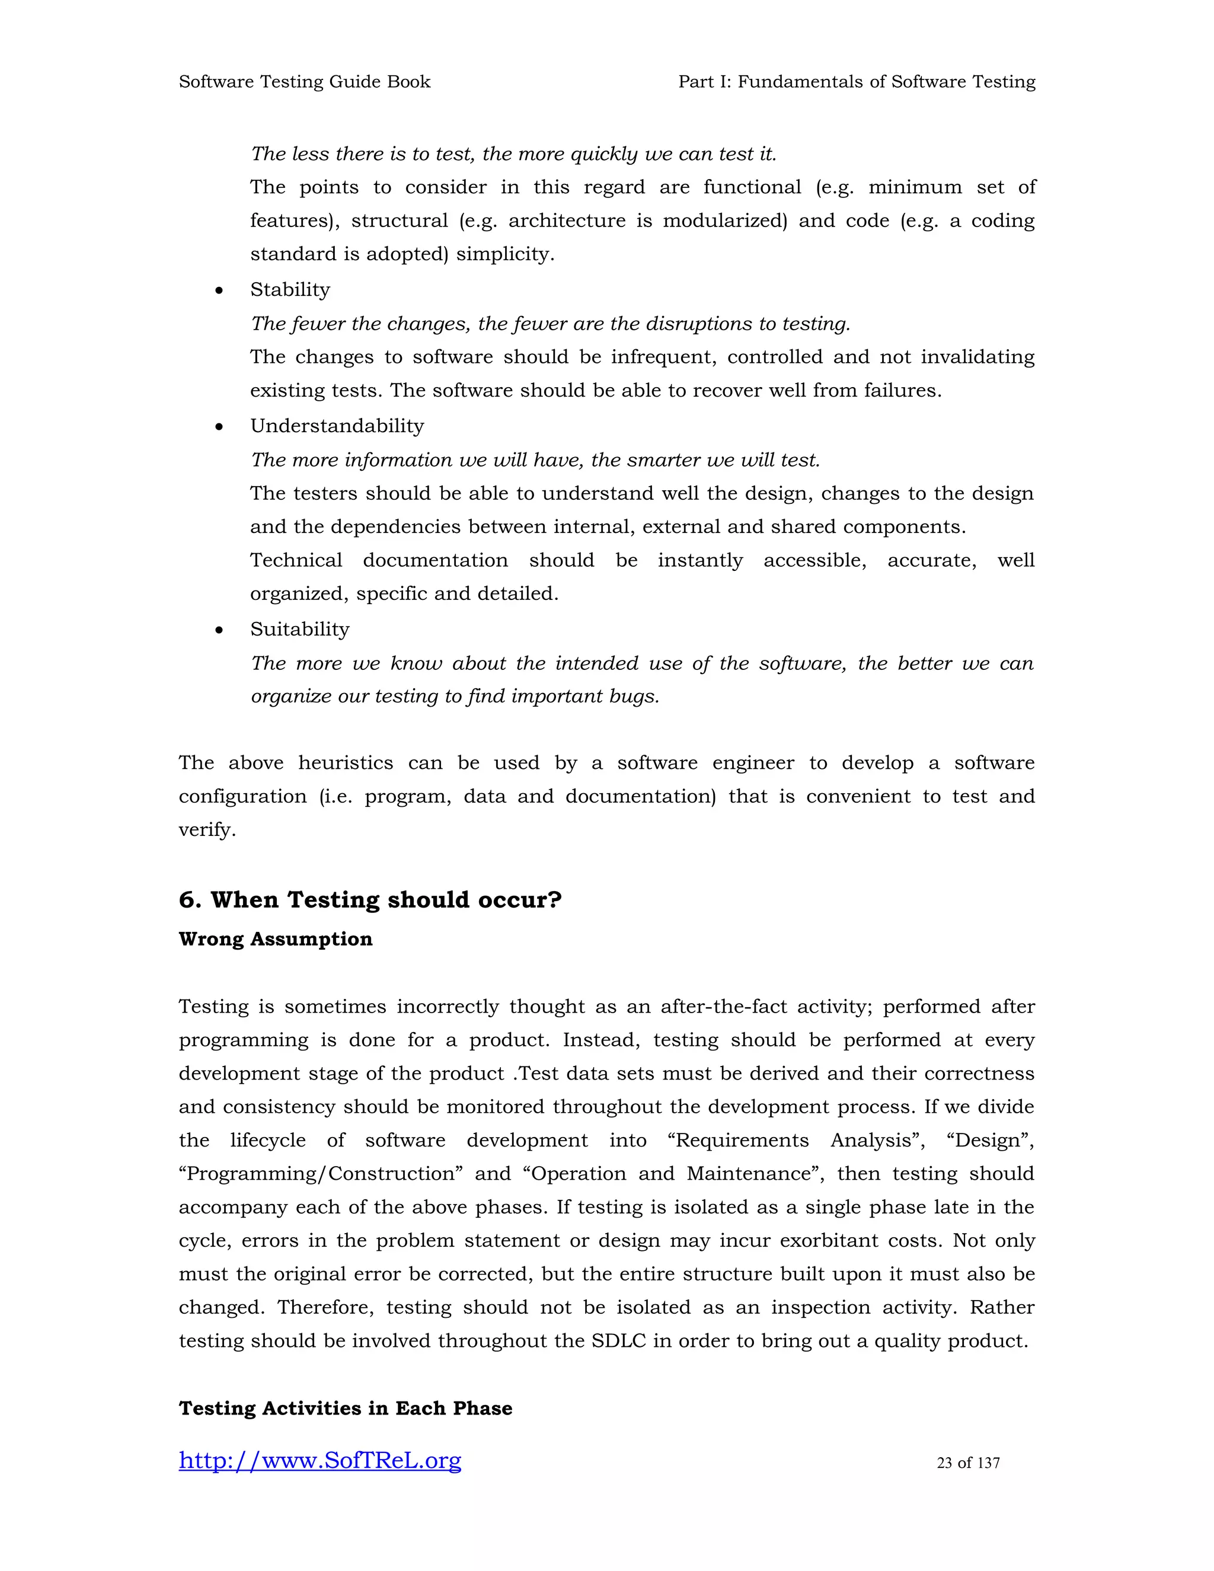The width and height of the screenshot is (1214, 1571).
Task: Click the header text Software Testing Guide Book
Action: (x=304, y=81)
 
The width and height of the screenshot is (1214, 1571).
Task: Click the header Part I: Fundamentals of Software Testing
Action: (x=857, y=81)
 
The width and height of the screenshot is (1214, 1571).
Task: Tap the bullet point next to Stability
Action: (x=219, y=291)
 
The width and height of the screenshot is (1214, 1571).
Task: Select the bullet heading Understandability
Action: (x=337, y=426)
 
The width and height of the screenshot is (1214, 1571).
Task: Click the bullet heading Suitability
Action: (x=299, y=630)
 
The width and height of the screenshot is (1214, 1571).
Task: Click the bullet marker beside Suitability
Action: (x=219, y=631)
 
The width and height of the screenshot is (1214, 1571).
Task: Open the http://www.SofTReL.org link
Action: (x=320, y=1461)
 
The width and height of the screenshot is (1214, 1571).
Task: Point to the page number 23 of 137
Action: (x=968, y=1463)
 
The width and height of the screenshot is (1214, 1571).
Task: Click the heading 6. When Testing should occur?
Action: (x=370, y=900)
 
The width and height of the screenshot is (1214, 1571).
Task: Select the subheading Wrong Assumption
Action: (x=276, y=940)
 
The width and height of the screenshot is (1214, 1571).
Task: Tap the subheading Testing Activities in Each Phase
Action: (x=345, y=1409)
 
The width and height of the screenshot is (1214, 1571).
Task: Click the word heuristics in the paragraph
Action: (x=345, y=762)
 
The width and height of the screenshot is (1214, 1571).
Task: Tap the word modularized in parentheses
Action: (x=724, y=221)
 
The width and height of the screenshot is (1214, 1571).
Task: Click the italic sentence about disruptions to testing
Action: (x=550, y=324)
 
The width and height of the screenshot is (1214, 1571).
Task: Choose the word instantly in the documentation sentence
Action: (x=700, y=560)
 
